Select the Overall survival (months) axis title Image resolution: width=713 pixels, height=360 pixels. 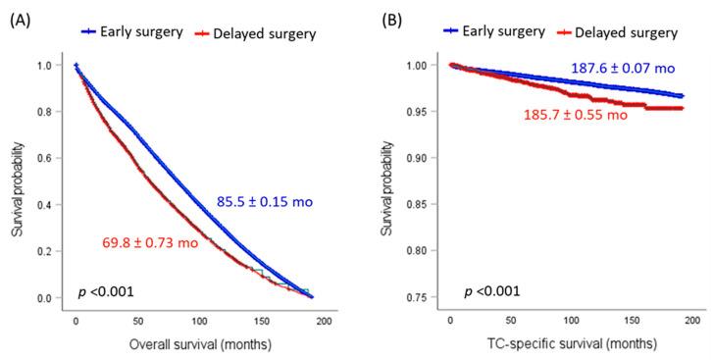coord(197,345)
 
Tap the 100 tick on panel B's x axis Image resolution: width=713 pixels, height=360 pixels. coord(568,321)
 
